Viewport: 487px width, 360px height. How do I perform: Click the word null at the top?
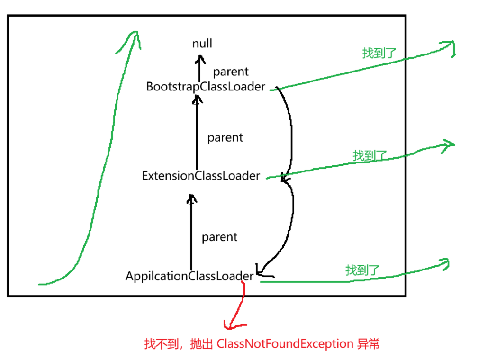202,44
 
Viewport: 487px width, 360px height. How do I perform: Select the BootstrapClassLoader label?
206,87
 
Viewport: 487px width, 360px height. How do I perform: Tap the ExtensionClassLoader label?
201,176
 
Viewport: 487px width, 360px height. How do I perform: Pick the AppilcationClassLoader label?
189,276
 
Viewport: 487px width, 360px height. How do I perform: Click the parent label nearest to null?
231,72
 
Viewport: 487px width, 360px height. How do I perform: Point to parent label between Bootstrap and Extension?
225,138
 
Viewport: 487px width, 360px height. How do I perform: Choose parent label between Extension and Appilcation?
219,237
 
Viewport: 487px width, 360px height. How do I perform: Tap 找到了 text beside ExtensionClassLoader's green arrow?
370,155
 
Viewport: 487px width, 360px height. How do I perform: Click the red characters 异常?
368,344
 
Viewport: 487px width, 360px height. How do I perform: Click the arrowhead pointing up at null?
201,58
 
